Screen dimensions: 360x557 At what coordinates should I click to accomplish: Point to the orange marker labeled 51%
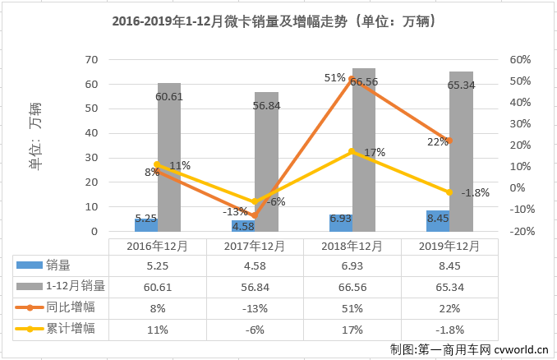tap(351, 80)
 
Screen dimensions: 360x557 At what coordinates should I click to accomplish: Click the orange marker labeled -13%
tap(254, 215)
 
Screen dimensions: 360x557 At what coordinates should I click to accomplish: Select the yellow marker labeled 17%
tap(351, 152)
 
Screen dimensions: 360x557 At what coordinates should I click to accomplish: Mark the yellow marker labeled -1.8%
tap(448, 192)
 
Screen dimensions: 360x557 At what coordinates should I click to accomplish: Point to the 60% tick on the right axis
tap(519, 59)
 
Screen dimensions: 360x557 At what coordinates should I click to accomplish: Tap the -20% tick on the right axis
tap(519, 232)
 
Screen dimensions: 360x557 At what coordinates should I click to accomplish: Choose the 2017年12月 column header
tap(254, 246)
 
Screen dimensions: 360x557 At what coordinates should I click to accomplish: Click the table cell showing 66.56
tap(351, 287)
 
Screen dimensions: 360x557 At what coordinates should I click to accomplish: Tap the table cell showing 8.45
tap(448, 265)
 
